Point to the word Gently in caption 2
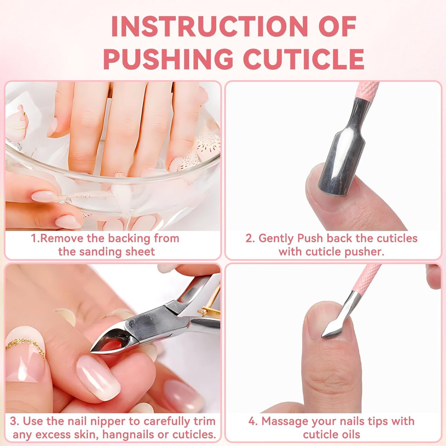pos(276,238)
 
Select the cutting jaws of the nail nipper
pos(110,342)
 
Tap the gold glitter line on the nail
pos(27,345)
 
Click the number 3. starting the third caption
pos(14,421)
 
